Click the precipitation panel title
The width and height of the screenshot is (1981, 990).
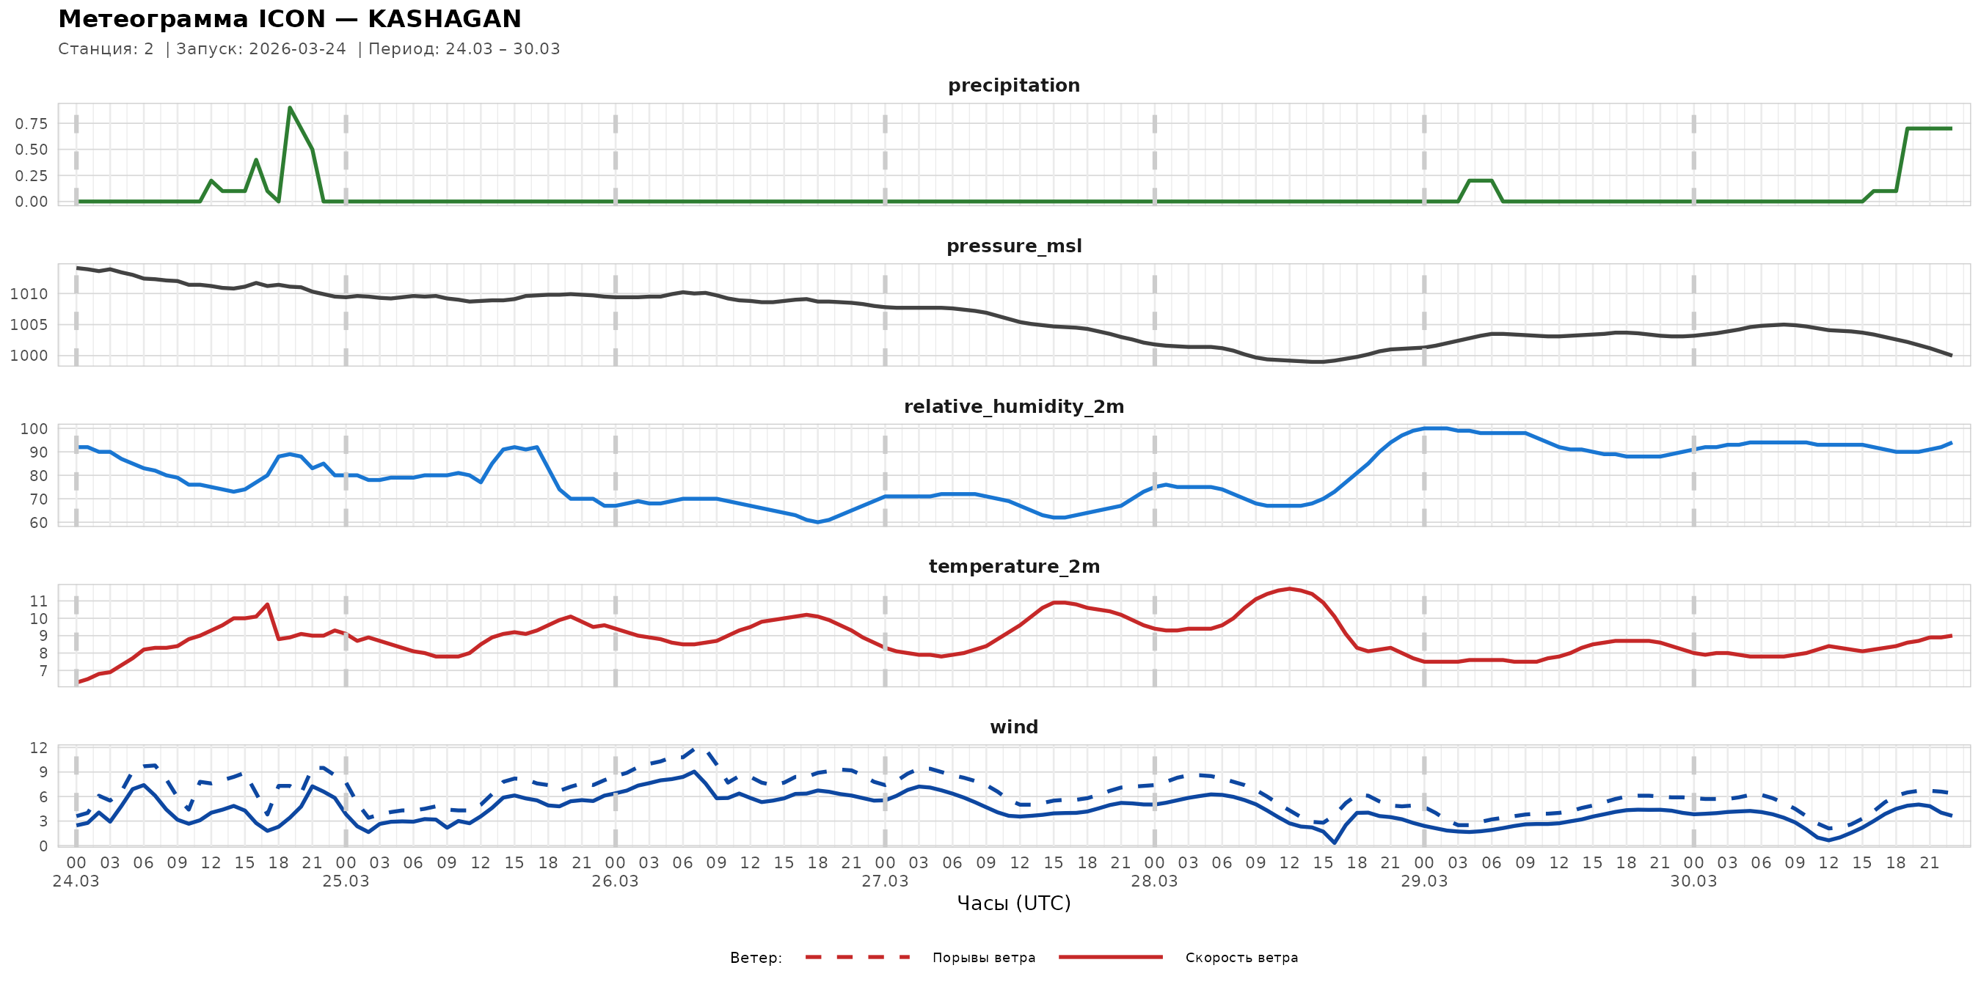coord(1013,85)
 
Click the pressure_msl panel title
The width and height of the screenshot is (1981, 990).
coord(1013,246)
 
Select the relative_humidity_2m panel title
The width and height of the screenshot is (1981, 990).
coord(1013,406)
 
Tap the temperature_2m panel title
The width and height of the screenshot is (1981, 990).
coord(1013,566)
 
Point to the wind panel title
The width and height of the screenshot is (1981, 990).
coord(1013,727)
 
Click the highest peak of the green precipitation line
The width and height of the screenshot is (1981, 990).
coord(289,108)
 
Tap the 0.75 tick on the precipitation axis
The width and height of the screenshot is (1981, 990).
coord(32,124)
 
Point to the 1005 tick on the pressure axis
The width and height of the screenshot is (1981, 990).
coord(29,325)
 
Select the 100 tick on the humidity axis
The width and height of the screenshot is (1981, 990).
coord(34,429)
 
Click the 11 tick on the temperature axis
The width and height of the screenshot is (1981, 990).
coord(38,601)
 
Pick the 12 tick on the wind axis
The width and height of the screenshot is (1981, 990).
coord(38,748)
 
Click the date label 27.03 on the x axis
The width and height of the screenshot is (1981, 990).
coord(884,881)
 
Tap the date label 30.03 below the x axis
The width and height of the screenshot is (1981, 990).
coord(1693,881)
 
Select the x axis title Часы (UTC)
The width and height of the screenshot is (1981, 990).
coord(1013,903)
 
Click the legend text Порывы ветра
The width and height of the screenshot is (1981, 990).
coord(984,958)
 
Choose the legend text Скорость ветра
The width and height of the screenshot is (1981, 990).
coord(1241,958)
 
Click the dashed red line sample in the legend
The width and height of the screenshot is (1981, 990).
coord(858,958)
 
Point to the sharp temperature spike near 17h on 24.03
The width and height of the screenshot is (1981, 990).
coord(267,604)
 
